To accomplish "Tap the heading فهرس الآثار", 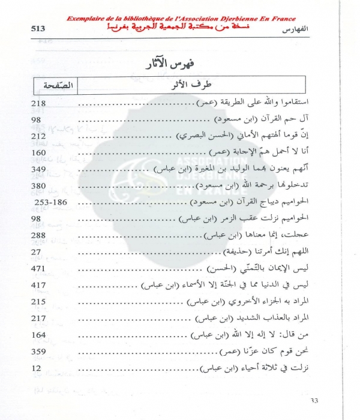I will pos(180,64).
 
